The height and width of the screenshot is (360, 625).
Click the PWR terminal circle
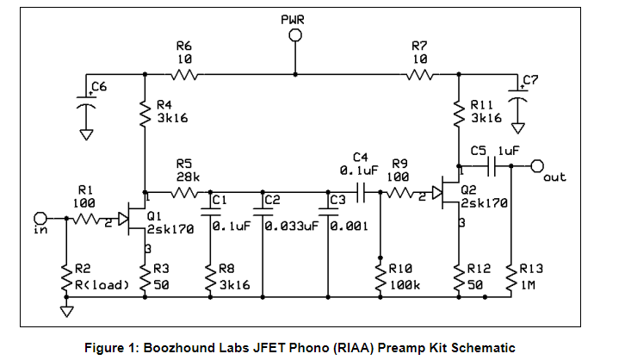pos(295,35)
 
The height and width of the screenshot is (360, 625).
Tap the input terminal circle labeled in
pos(40,219)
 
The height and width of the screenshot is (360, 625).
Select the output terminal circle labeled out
pos(537,166)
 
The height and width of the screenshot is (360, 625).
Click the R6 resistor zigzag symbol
pos(184,75)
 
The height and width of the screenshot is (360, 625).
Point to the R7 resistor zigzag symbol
pos(420,75)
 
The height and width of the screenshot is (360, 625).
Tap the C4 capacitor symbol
pos(361,193)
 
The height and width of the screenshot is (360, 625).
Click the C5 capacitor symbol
pos(492,166)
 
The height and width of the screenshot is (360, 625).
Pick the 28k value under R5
pos(189,177)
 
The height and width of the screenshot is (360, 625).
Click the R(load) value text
pos(102,285)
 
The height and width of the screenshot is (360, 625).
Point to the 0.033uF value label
pos(292,227)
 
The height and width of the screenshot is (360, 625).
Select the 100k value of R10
pos(405,285)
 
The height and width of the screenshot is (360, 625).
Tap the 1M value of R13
pos(528,285)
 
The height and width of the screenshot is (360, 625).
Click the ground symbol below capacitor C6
pos(86,134)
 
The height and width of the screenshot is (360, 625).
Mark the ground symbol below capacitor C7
pos(517,128)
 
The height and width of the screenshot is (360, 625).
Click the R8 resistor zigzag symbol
pos(210,278)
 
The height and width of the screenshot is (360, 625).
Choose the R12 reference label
pos(479,269)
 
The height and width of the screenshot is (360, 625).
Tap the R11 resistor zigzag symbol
pos(459,114)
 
